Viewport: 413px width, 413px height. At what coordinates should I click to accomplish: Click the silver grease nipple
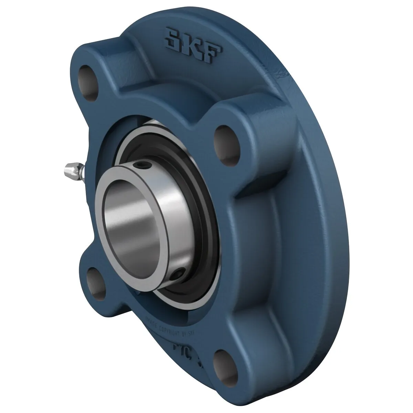pos(72,169)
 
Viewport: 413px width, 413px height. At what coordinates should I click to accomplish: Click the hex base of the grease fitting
pos(82,169)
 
